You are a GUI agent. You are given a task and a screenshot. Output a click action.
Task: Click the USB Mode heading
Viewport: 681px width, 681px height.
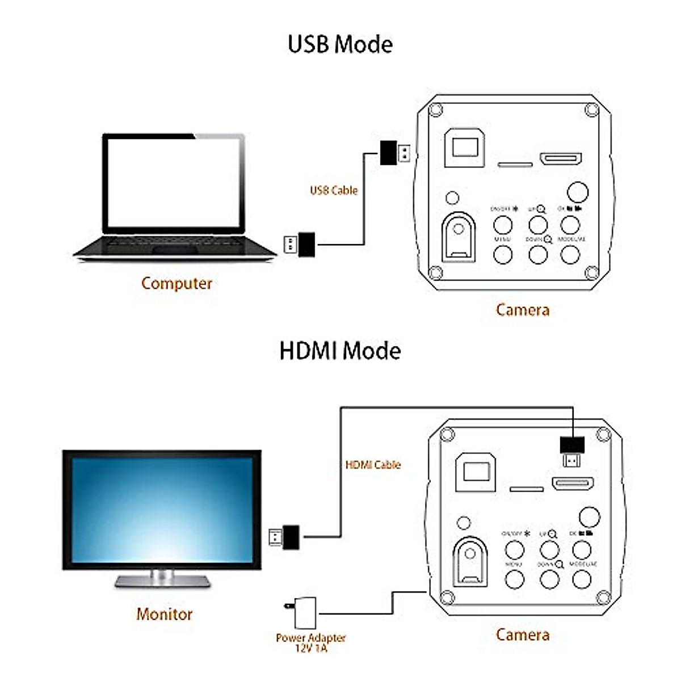click(340, 44)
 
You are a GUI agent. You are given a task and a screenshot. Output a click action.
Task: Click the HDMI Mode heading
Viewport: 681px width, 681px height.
click(340, 351)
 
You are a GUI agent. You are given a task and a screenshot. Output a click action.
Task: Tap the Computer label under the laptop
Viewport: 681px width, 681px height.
click(176, 283)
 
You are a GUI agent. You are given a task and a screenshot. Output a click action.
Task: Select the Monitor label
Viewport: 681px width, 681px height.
click(164, 613)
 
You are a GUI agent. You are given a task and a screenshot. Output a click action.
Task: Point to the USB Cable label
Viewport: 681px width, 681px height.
click(334, 190)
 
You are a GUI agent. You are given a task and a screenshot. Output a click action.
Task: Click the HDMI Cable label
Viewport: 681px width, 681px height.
click(373, 464)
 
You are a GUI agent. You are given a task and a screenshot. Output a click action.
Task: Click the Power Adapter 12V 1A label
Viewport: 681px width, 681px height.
click(310, 642)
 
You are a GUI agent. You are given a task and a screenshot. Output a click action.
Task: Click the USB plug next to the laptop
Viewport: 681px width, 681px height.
click(300, 244)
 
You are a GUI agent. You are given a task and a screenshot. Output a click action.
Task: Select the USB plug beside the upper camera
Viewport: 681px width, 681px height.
click(394, 153)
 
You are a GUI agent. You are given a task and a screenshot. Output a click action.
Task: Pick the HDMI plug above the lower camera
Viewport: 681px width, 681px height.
click(572, 451)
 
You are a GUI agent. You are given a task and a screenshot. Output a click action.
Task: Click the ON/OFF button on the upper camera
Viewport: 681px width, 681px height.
click(503, 225)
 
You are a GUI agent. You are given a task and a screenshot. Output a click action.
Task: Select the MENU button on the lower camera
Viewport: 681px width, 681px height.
click(515, 579)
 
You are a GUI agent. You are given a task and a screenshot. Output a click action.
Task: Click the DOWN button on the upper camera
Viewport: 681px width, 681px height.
click(537, 254)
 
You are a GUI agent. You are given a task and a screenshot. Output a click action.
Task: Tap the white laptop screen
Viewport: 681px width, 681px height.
click(174, 182)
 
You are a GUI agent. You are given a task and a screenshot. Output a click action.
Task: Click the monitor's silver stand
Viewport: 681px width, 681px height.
click(162, 579)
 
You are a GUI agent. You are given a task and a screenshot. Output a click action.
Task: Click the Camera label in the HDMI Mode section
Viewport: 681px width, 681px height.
click(522, 634)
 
